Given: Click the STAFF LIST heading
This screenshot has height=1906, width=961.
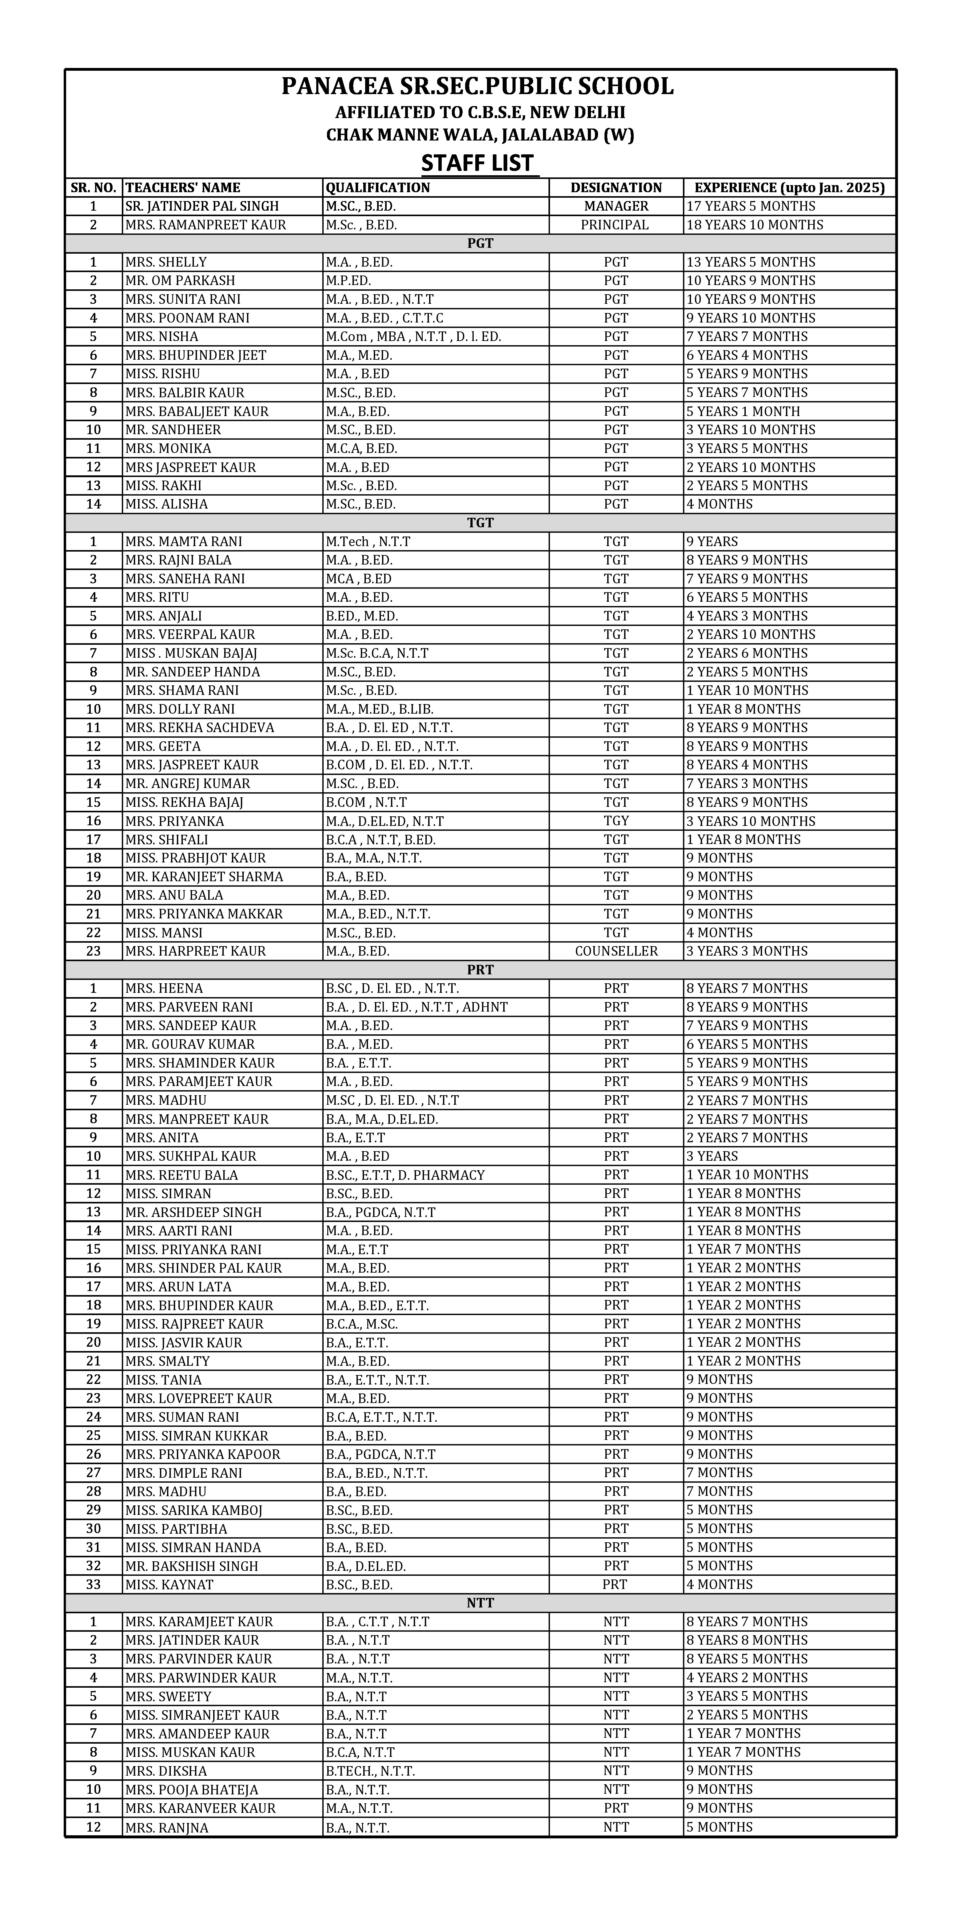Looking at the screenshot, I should (x=477, y=163).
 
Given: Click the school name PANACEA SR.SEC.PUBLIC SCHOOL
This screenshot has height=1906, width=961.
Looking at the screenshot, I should (x=477, y=87).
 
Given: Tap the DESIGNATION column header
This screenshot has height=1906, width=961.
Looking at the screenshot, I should (x=616, y=187).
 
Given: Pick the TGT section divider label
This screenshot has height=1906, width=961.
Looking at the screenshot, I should (x=480, y=522).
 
